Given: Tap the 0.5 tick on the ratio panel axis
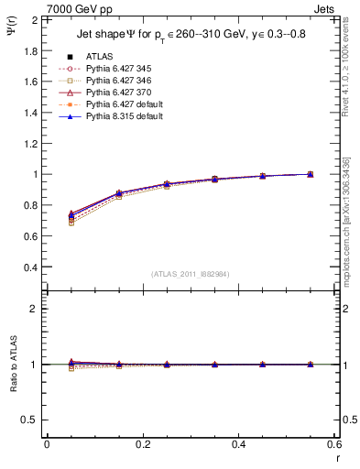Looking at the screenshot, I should [x=31, y=420].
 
